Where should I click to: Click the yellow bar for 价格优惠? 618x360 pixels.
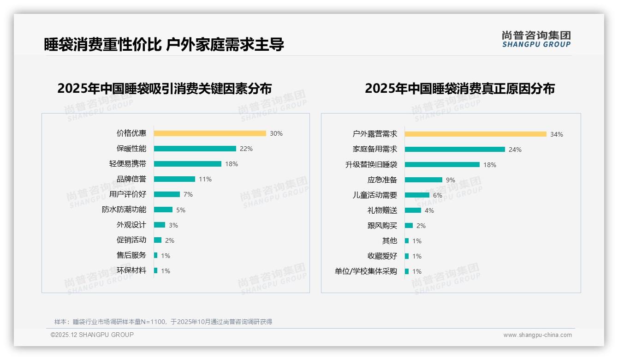point(210,133)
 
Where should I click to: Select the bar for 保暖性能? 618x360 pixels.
point(195,149)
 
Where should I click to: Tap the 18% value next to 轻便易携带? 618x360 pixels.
point(232,164)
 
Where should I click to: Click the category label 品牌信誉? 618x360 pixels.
point(131,179)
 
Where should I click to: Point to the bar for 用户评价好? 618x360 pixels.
point(166,194)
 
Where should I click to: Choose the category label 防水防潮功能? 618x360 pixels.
point(124,210)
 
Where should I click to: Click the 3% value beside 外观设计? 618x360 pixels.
point(173,225)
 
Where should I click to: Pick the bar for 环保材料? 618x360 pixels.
point(156,270)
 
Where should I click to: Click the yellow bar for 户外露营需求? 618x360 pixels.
point(475,134)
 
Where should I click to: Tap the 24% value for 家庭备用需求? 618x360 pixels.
point(515,150)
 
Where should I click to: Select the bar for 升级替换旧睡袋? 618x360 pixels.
point(442,165)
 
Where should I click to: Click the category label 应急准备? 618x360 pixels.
point(382,180)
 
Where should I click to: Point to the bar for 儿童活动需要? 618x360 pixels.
point(417,195)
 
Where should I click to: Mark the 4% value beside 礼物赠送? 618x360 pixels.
point(429,210)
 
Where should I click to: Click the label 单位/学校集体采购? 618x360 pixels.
point(366,271)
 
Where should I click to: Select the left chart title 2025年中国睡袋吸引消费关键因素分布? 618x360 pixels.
point(165,88)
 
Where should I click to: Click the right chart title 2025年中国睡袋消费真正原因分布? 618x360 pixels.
point(460,88)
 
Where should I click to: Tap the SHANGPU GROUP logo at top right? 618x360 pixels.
point(536,39)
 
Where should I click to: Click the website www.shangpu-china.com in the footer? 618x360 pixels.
point(537,335)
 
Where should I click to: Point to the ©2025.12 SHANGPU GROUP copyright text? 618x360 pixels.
point(92,335)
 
